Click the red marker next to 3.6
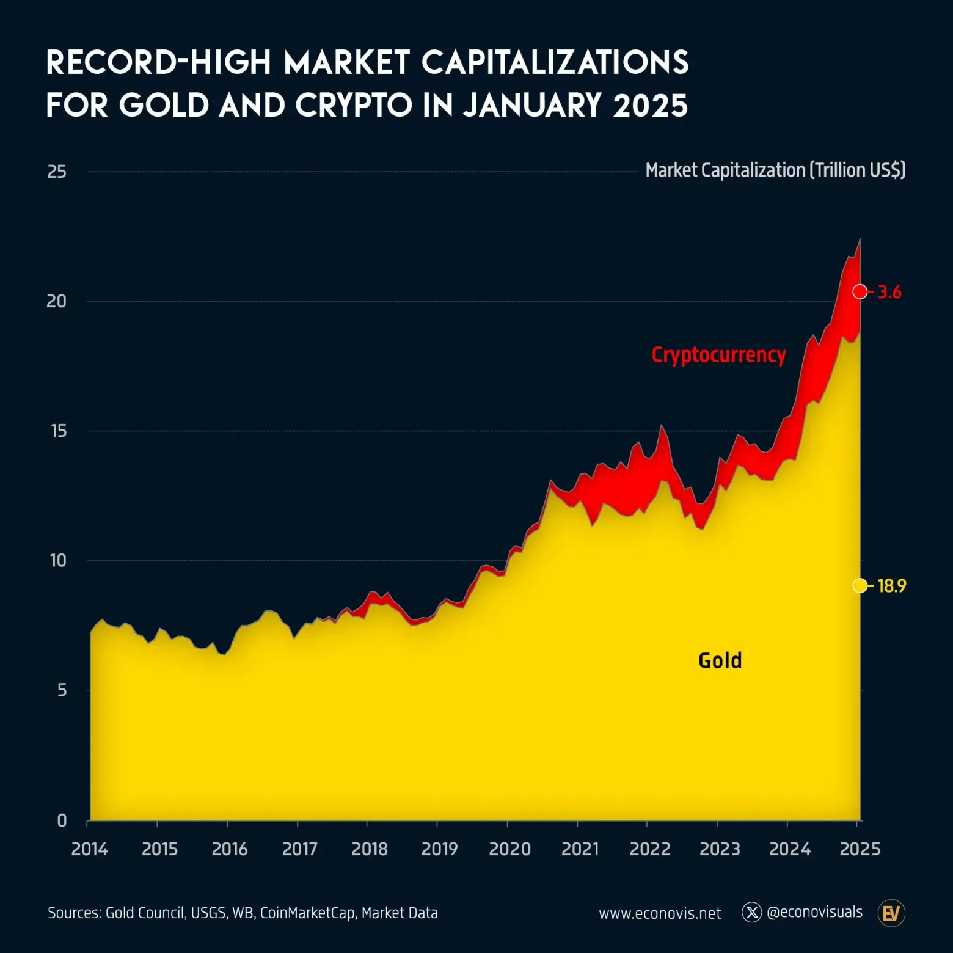tap(860, 291)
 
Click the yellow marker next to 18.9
tap(860, 585)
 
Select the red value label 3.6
tap(889, 292)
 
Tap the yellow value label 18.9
tap(891, 586)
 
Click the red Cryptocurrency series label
tap(718, 355)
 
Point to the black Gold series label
tap(720, 660)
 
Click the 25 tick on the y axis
tap(57, 172)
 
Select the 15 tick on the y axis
tap(59, 431)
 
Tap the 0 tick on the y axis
tap(62, 820)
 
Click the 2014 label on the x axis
tap(89, 849)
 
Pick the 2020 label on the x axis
tap(509, 849)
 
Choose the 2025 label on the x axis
tap(860, 849)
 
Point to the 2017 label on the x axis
tap(299, 849)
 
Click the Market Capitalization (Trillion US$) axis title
tap(775, 170)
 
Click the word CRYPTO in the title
tap(354, 105)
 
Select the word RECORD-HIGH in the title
tap(158, 62)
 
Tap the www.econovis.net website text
tap(660, 913)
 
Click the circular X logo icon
tap(751, 912)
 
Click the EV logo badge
tap(891, 913)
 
